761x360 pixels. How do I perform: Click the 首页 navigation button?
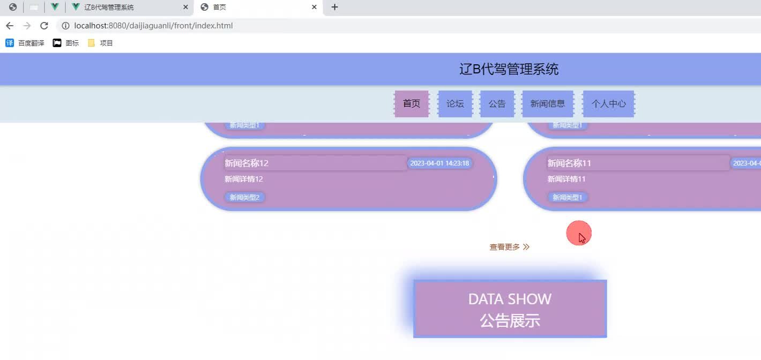click(x=412, y=104)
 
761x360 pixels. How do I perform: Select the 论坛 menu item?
click(x=455, y=104)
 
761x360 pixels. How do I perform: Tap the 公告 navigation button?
click(x=497, y=104)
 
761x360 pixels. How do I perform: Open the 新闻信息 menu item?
click(x=547, y=104)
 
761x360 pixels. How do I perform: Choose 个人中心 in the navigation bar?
click(x=608, y=104)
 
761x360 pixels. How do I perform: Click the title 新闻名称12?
click(x=247, y=163)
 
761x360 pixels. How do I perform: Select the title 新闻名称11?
click(x=569, y=163)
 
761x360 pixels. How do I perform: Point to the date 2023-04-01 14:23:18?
click(x=439, y=163)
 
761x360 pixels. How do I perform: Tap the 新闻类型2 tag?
click(x=244, y=198)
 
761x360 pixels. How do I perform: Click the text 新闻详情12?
click(x=244, y=179)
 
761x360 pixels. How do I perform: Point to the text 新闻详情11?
click(x=566, y=179)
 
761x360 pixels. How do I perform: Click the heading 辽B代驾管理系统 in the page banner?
click(x=509, y=69)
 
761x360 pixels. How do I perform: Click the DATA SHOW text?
click(x=510, y=299)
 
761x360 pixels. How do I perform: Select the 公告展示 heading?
click(x=510, y=321)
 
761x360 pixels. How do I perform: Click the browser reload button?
click(x=44, y=26)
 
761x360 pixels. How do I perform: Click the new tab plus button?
click(x=334, y=7)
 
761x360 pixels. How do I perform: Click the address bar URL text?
click(x=153, y=26)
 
